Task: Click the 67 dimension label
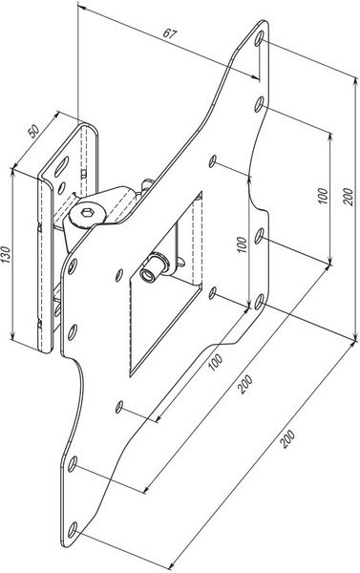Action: [170, 33]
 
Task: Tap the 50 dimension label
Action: [33, 131]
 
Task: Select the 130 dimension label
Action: [6, 255]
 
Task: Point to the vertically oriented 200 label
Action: [349, 197]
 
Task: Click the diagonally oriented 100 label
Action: [216, 362]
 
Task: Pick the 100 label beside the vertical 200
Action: [324, 196]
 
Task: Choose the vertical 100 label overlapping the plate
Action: [242, 244]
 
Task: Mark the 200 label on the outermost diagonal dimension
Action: [287, 439]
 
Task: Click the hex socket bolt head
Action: [87, 213]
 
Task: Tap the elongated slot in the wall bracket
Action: [62, 166]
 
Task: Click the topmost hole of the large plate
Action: [259, 38]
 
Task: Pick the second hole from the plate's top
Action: [259, 104]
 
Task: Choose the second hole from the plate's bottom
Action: [73, 464]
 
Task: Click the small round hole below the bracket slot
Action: [62, 188]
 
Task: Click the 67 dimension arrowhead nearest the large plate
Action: [256, 76]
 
